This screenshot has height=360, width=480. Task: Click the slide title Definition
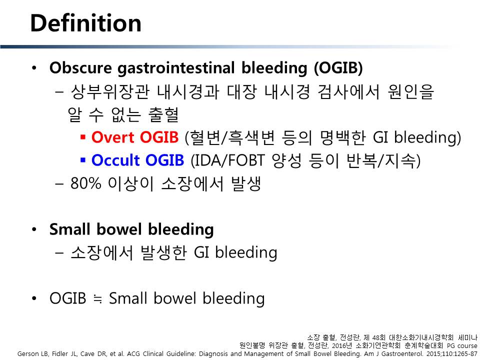pyautogui.click(x=85, y=23)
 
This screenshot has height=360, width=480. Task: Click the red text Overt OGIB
pyautogui.click(x=134, y=137)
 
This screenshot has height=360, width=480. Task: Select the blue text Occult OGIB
pyautogui.click(x=137, y=160)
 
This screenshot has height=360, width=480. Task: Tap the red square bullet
pyautogui.click(x=82, y=136)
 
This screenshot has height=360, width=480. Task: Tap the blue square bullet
pyautogui.click(x=82, y=159)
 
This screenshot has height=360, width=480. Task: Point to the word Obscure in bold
pyautogui.click(x=80, y=67)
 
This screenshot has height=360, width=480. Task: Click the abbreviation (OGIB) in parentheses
pyautogui.click(x=338, y=68)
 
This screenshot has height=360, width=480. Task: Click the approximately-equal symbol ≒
pyautogui.click(x=97, y=298)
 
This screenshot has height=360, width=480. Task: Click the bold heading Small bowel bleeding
pyautogui.click(x=131, y=230)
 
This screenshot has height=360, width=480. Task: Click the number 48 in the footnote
pyautogui.click(x=376, y=338)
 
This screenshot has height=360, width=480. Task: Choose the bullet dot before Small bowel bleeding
pyautogui.click(x=34, y=229)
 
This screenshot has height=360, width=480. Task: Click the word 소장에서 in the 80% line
pyautogui.click(x=192, y=183)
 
